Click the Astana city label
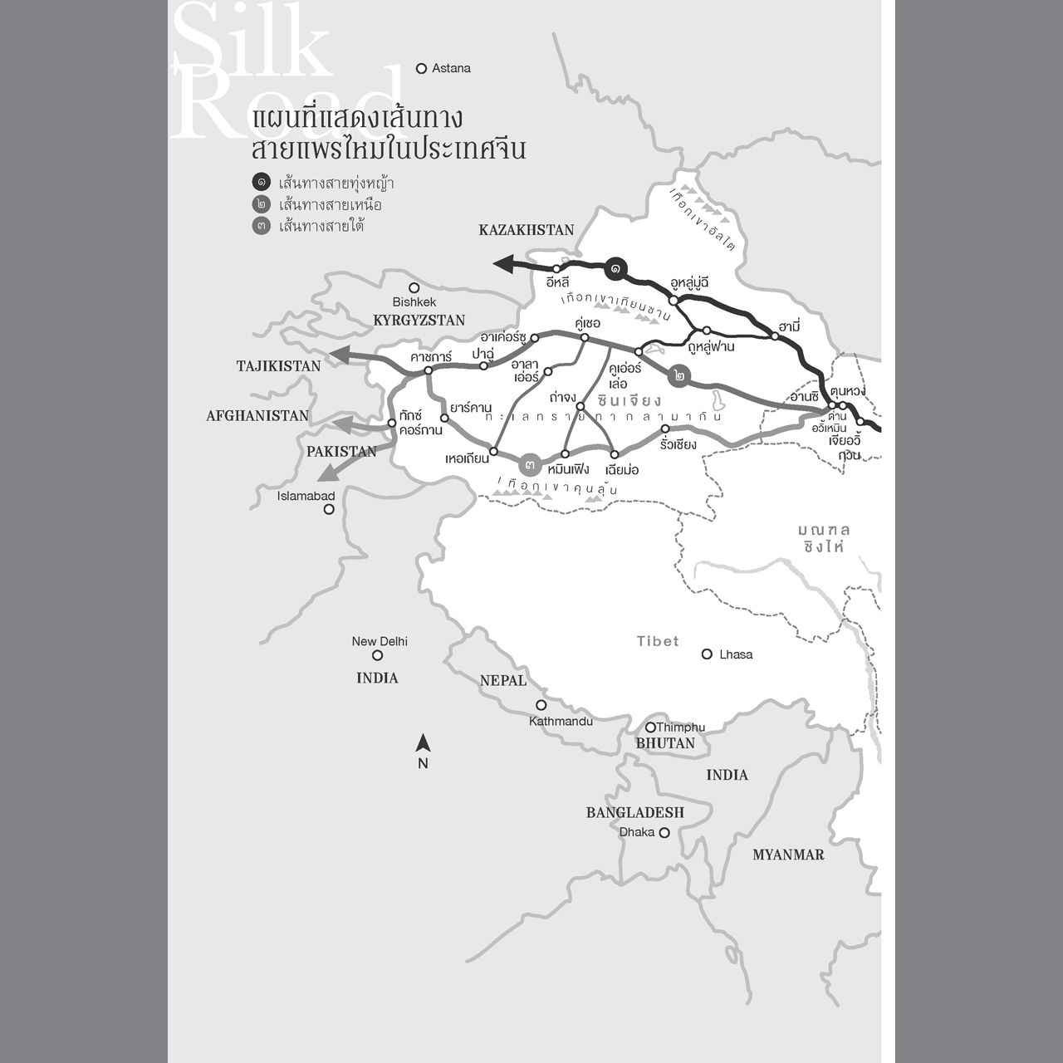(x=451, y=69)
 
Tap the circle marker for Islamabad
(x=329, y=509)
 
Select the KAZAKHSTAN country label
(x=527, y=230)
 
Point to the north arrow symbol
(x=423, y=745)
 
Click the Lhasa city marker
(x=707, y=654)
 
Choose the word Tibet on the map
(x=658, y=641)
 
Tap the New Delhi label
(x=380, y=641)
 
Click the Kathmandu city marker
(x=541, y=705)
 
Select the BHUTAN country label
(x=665, y=743)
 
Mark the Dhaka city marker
(x=664, y=832)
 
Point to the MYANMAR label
(x=788, y=855)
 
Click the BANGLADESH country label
(x=634, y=812)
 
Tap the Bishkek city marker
(x=414, y=288)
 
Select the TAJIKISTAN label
(x=278, y=366)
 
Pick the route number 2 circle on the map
(x=681, y=375)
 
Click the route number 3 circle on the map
(x=530, y=464)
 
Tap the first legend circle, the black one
(x=262, y=183)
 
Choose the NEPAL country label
(x=503, y=681)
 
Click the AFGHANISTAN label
(x=257, y=416)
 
